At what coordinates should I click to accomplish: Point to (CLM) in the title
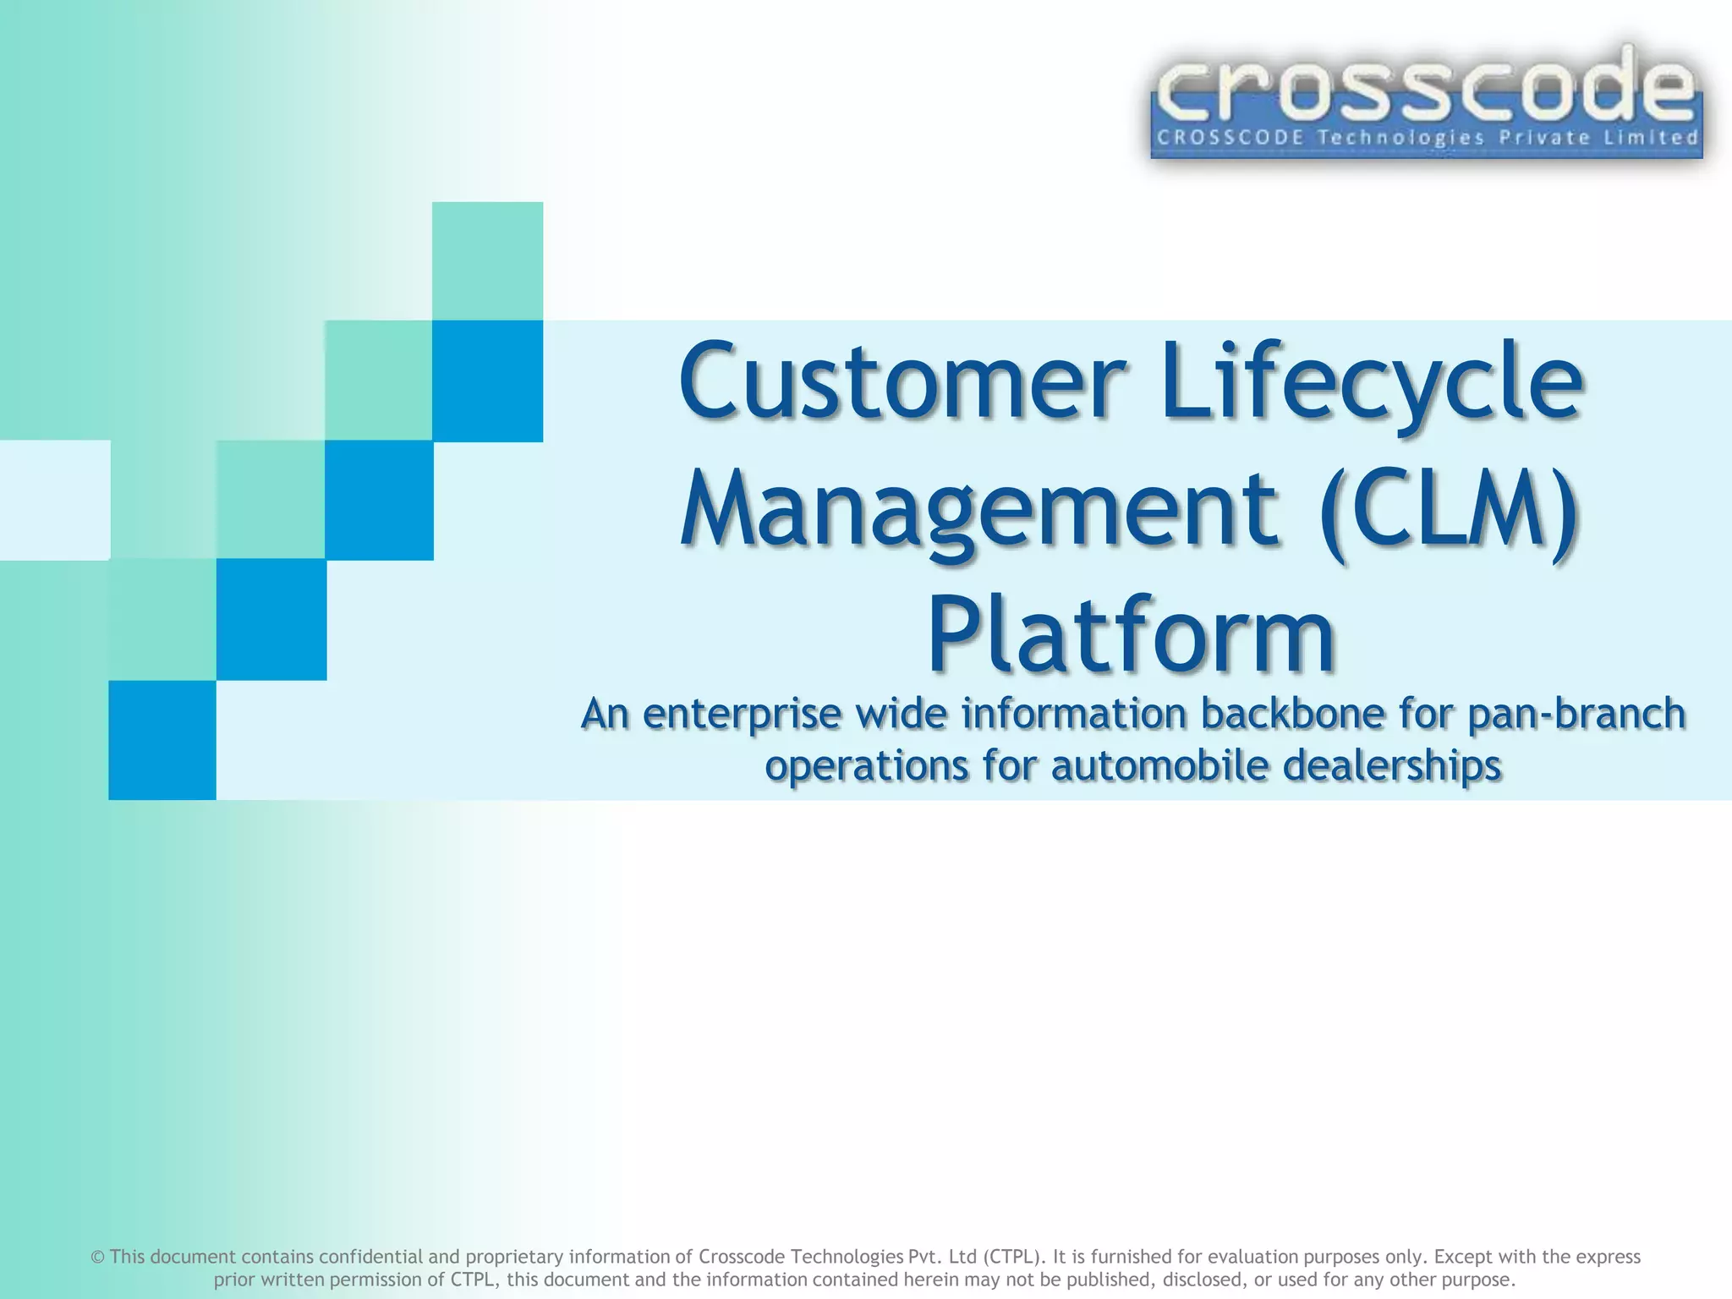[x=1449, y=510]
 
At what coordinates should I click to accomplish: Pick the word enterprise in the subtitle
[x=742, y=715]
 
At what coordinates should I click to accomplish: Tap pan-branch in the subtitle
[x=1576, y=713]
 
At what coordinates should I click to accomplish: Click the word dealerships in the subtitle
[x=1391, y=765]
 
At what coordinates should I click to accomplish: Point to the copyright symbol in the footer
[x=97, y=1258]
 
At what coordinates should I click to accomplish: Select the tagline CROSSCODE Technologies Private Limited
[x=1427, y=138]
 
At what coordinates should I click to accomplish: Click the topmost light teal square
[x=487, y=260]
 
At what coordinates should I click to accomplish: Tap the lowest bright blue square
[x=162, y=740]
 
